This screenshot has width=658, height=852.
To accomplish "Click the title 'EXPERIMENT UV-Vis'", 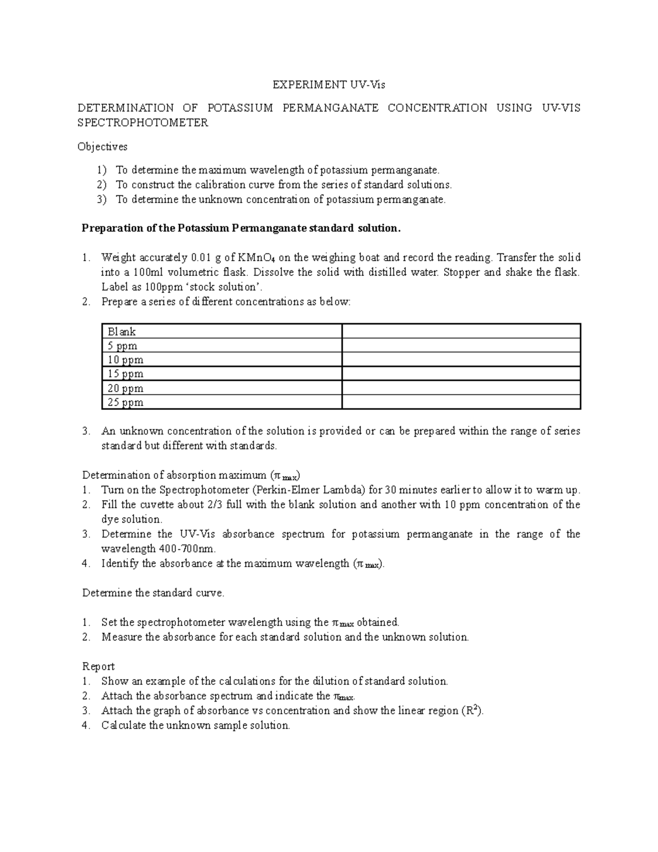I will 330,84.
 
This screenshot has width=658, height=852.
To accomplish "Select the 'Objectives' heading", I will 103,146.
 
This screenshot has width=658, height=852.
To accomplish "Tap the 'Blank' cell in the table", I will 122,331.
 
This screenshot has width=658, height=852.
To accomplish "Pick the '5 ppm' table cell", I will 122,346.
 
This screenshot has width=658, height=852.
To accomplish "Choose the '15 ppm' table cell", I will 125,374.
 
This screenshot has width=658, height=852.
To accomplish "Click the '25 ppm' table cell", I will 125,402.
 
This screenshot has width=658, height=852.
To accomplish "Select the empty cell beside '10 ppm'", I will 461,360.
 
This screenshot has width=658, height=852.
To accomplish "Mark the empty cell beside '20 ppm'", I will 461,388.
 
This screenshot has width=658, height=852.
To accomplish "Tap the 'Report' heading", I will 98,667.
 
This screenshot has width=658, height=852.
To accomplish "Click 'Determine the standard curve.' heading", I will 153,593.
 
